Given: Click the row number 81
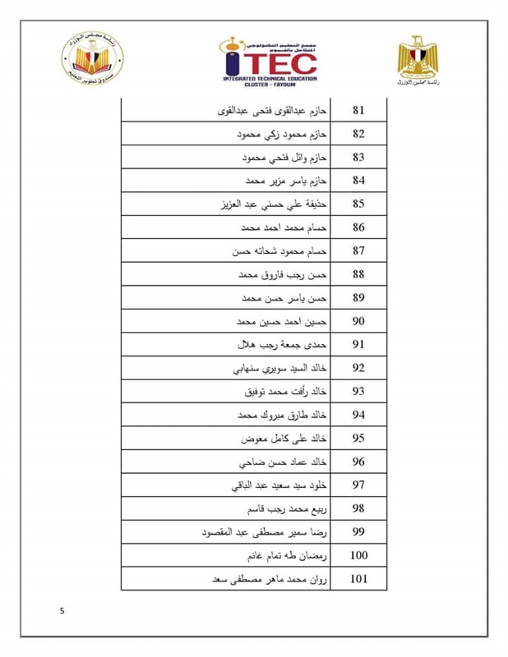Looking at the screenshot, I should coord(358,110).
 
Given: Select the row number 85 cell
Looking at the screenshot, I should coord(358,204).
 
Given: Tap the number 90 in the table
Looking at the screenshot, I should coord(358,321).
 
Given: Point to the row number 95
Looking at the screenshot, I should coord(358,439).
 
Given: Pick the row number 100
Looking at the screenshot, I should coord(358,556).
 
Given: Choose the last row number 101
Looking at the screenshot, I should coord(358,580).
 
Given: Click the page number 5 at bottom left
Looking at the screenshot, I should coord(62,611).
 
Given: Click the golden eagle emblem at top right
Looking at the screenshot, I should coord(418,58).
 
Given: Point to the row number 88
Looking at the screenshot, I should coord(358,274).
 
